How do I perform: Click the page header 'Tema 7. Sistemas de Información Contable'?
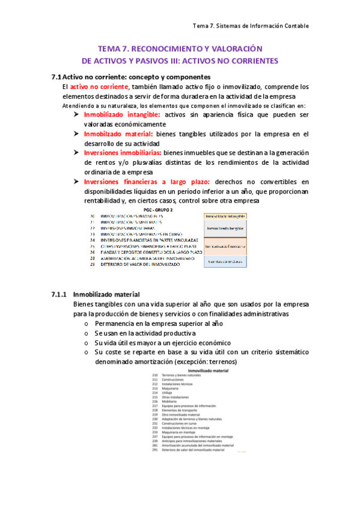coord(250,26)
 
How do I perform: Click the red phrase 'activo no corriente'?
coord(96,87)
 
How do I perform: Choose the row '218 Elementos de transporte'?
coord(174,410)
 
